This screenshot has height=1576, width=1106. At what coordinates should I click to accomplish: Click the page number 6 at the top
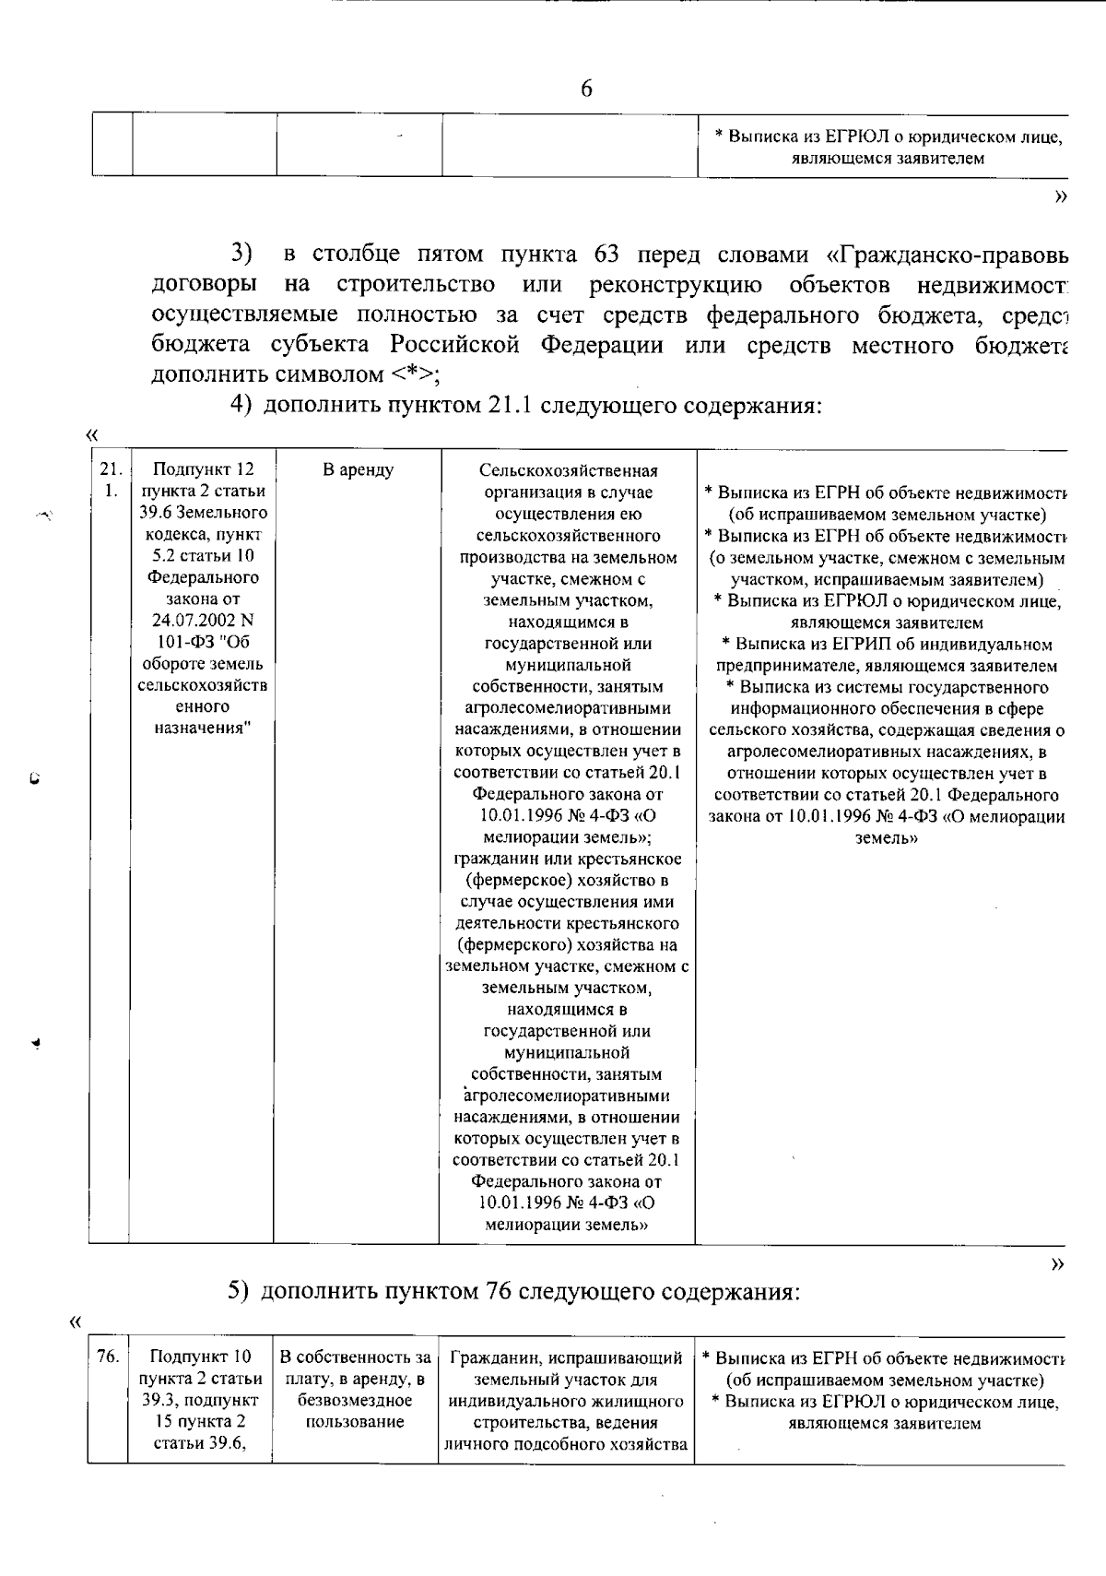tap(586, 89)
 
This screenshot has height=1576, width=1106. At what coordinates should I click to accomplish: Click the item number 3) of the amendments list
tap(241, 254)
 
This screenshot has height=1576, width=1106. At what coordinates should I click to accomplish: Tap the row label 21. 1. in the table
tap(110, 480)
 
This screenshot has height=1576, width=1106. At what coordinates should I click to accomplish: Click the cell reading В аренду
tap(358, 470)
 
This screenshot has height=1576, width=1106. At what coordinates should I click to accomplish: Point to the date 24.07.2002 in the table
tap(201, 620)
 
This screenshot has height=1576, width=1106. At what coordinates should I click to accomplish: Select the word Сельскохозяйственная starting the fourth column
tap(568, 471)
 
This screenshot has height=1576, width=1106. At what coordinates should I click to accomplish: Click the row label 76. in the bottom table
tap(107, 1357)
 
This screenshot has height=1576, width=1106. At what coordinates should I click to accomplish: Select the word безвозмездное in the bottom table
tap(356, 1400)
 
